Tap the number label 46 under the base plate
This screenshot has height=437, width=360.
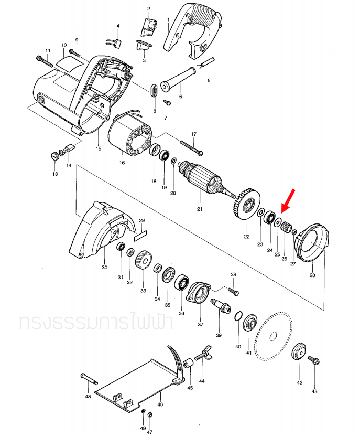click(160, 404)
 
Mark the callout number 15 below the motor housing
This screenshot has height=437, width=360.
click(98, 149)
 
